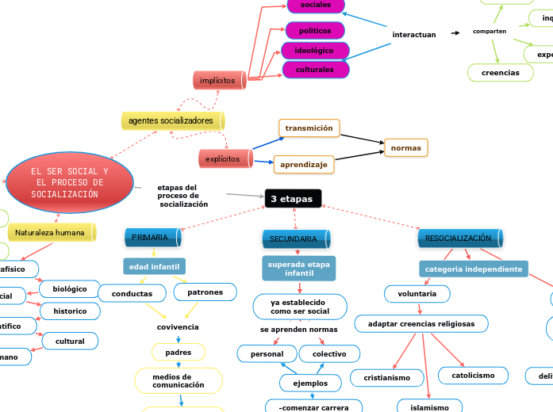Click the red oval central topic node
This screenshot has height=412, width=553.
[x=70, y=183]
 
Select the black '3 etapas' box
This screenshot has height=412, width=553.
[x=293, y=198]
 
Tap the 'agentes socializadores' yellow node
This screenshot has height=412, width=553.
[x=171, y=120]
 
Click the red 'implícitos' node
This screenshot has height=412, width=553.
[x=218, y=80]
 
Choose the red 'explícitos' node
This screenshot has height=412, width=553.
[x=224, y=159]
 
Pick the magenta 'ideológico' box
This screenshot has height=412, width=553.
[x=314, y=51]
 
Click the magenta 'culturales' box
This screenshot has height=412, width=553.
[x=315, y=70]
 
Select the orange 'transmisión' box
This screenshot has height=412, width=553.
[x=309, y=128]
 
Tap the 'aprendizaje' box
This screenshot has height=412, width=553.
[x=303, y=165]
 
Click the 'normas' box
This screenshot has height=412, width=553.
[x=405, y=147]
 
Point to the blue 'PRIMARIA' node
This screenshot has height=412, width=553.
[x=151, y=238]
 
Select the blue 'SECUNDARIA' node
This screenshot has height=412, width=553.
[x=294, y=238]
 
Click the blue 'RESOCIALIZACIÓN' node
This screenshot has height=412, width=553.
[x=459, y=238]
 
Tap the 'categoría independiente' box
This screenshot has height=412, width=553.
[x=474, y=269]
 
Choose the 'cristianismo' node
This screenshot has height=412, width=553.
[x=387, y=378]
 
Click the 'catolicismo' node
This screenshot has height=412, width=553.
[x=473, y=375]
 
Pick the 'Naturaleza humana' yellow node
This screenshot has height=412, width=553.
[x=50, y=233]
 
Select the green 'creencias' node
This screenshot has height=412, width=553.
[x=501, y=73]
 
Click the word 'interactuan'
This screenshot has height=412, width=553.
[x=414, y=35]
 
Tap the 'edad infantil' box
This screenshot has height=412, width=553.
[x=154, y=266]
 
